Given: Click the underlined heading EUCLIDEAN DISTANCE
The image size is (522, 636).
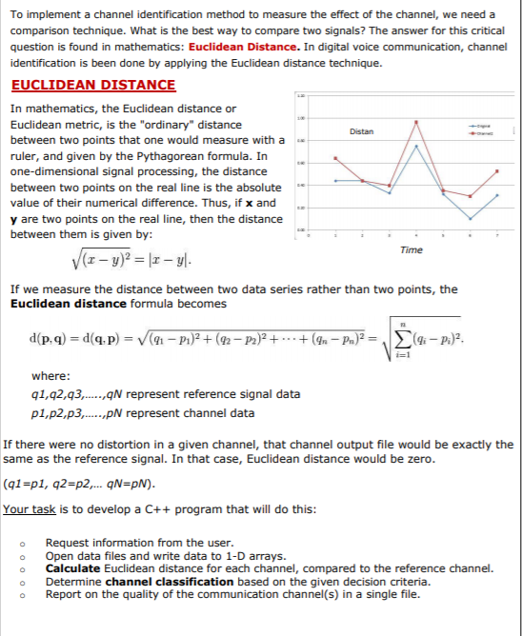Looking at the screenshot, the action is [93, 85].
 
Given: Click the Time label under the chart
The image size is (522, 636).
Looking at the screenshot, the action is [412, 249].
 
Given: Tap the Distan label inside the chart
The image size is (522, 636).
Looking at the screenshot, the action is [362, 130].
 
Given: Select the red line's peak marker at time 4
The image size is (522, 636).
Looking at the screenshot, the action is [416, 122].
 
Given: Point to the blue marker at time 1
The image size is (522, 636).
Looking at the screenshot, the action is [334, 180].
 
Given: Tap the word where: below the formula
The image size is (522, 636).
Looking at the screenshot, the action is [50, 376].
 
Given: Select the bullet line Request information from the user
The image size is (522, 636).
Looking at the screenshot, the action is [139, 544].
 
